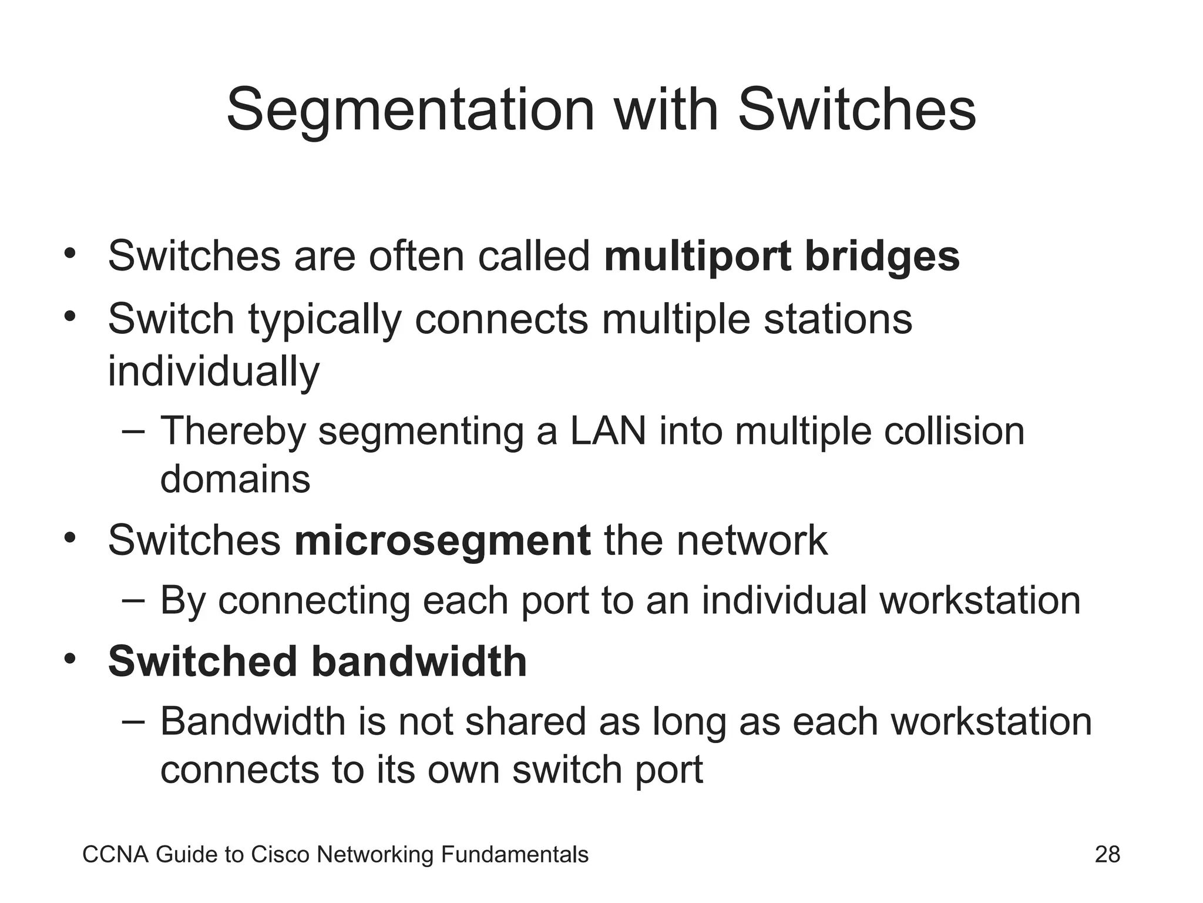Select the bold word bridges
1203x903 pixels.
point(882,257)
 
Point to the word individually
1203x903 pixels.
point(214,372)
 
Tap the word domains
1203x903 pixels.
point(235,479)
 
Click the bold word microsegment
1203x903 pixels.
point(442,541)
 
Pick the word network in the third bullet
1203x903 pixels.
point(752,541)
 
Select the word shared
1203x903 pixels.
point(526,722)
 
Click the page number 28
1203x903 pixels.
point(1107,855)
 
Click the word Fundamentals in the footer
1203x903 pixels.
point(514,855)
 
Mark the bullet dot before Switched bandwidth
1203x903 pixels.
point(70,659)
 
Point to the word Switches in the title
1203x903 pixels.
point(856,111)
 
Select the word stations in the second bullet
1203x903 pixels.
point(838,319)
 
